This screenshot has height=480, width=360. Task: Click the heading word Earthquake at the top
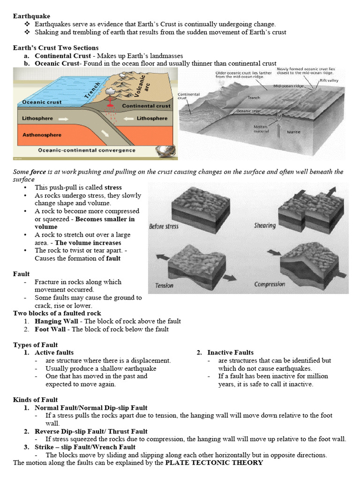coord(31,16)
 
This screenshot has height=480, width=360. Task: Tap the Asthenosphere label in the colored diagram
coord(42,135)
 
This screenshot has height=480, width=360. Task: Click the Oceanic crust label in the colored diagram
coord(42,102)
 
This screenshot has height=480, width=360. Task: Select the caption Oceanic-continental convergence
coord(87,150)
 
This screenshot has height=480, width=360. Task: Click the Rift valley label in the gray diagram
coord(330,81)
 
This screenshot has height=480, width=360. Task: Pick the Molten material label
coord(261,129)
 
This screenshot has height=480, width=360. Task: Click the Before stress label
coord(164,226)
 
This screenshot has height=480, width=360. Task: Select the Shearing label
coord(265,225)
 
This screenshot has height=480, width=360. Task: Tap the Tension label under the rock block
coord(164,285)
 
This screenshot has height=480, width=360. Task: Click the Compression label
coord(270,284)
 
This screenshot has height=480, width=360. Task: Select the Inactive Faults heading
coord(230,352)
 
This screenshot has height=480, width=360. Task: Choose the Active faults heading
coord(54,352)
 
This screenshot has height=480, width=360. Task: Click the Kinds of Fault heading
coord(36,400)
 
